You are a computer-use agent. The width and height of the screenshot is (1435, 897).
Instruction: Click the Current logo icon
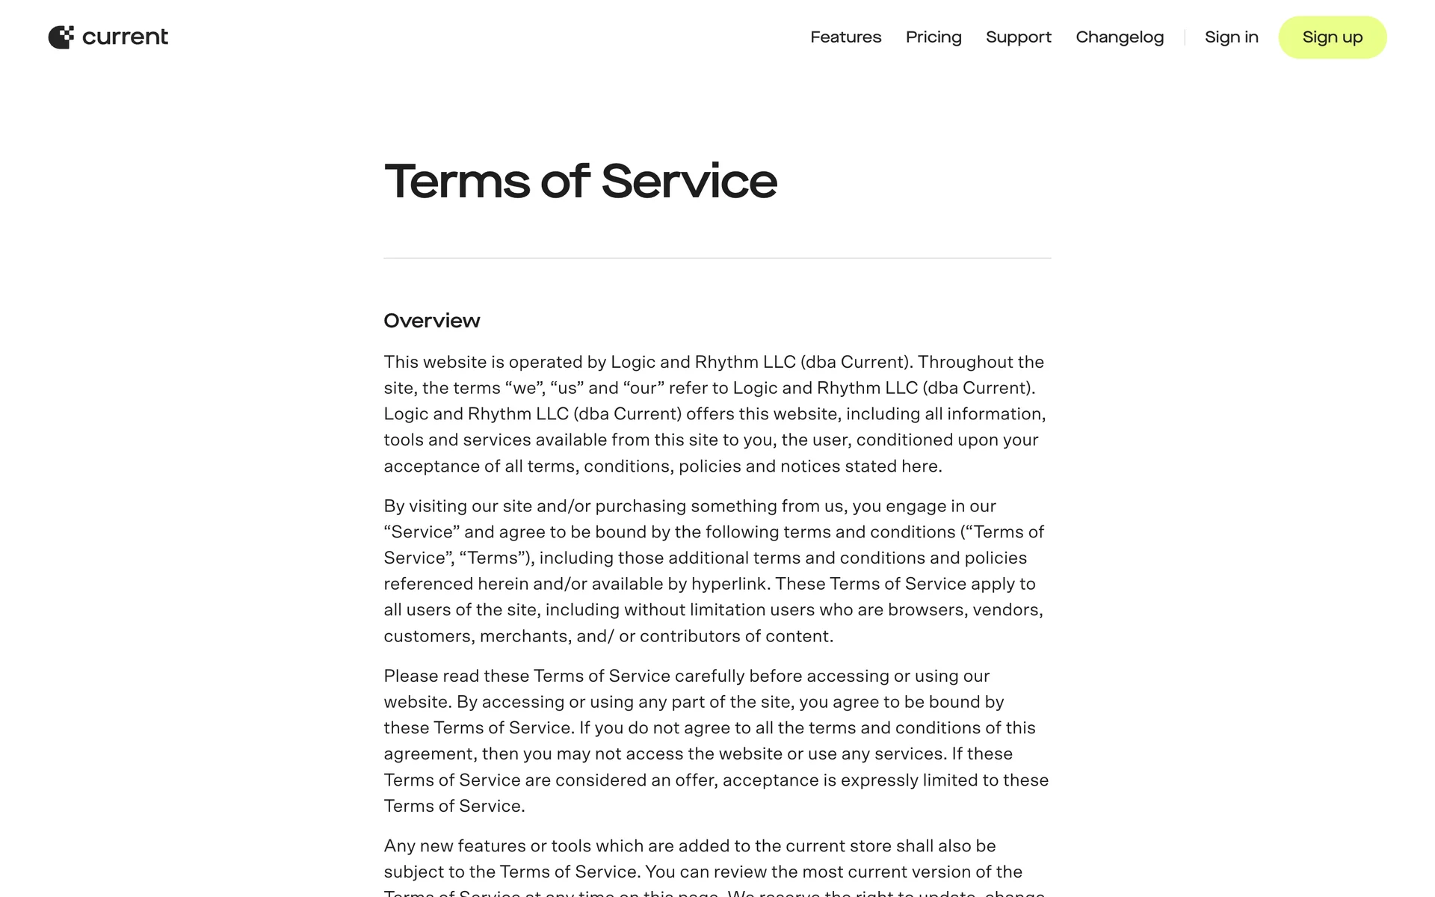pyautogui.click(x=61, y=37)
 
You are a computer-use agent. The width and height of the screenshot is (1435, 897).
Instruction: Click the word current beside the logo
pyautogui.click(x=125, y=37)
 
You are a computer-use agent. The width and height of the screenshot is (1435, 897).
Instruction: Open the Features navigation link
pyautogui.click(x=845, y=37)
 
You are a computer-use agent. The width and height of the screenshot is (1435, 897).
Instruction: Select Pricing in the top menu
pyautogui.click(x=933, y=37)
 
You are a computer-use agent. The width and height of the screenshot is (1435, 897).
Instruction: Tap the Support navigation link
pyautogui.click(x=1018, y=37)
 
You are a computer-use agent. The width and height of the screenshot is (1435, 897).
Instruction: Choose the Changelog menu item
pyautogui.click(x=1120, y=37)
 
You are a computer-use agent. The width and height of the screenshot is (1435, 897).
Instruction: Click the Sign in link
pyautogui.click(x=1231, y=37)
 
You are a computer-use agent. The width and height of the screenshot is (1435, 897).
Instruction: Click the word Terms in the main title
pyautogui.click(x=457, y=182)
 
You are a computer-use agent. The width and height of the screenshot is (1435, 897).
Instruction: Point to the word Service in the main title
pyautogui.click(x=688, y=182)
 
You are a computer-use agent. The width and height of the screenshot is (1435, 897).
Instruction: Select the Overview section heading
pyautogui.click(x=431, y=321)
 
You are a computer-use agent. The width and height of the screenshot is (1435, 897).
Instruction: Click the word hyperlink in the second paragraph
pyautogui.click(x=729, y=584)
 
